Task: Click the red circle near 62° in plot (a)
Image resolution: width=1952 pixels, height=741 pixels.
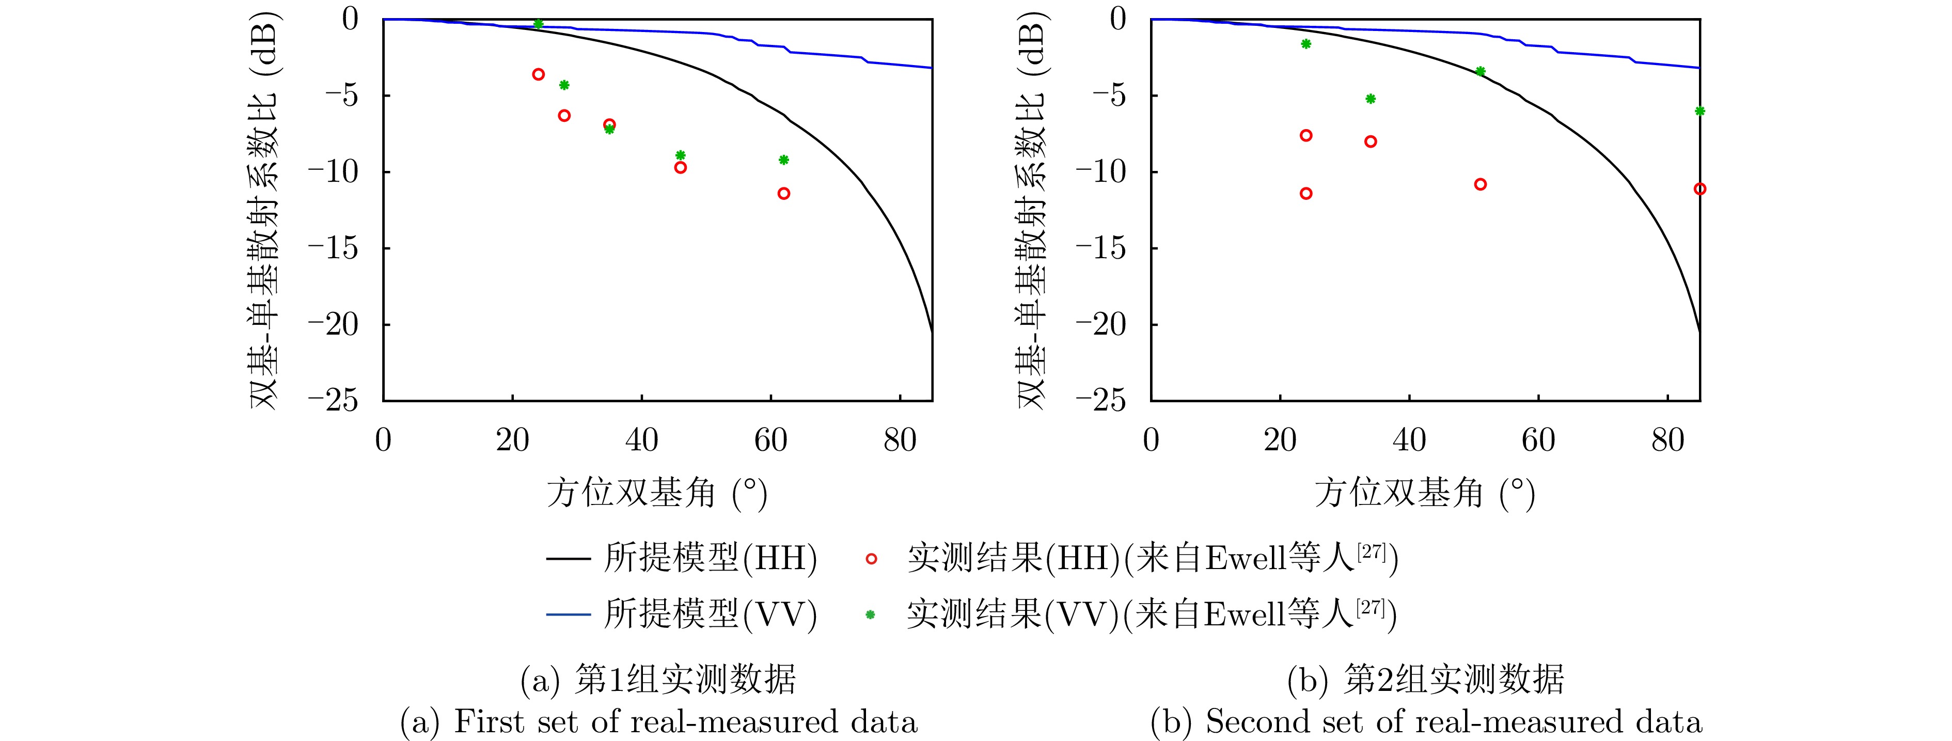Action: pos(783,193)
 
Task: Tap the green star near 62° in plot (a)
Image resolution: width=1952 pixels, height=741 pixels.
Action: pos(783,160)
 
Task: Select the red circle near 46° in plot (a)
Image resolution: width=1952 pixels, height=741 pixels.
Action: pos(681,167)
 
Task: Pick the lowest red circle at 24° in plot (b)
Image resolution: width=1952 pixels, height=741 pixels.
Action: pos(1305,193)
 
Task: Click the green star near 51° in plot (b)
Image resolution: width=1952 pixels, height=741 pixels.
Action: pos(1480,71)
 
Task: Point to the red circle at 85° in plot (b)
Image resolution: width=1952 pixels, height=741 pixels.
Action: pos(1699,188)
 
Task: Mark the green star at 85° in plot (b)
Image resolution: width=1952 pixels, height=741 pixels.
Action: pos(1699,111)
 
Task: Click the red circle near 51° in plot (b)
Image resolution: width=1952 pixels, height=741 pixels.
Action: pos(1480,184)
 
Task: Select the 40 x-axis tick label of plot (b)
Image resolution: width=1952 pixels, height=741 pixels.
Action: pos(1409,440)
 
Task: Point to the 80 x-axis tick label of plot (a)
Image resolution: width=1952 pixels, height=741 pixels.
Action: pos(900,440)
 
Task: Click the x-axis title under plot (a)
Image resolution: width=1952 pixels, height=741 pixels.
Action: pos(656,493)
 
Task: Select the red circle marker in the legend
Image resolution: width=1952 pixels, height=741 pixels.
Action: pos(871,559)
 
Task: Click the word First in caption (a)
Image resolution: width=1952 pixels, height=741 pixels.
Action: pos(490,722)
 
